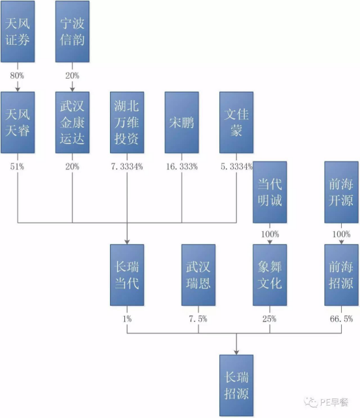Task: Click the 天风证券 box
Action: point(18,31)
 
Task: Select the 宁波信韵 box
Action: point(72,31)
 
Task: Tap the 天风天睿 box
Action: point(18,122)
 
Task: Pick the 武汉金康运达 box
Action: point(72,122)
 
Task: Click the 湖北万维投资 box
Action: point(127,122)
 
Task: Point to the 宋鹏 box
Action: point(182,122)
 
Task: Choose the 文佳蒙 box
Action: point(236,122)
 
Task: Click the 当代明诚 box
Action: point(270,192)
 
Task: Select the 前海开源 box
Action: point(341,192)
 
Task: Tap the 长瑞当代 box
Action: point(127,275)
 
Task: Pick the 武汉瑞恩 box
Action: point(199,275)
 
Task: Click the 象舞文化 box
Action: point(270,275)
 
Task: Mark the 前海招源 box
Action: point(341,275)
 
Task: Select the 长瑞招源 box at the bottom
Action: point(236,385)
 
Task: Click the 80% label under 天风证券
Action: point(17,76)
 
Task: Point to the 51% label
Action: point(17,167)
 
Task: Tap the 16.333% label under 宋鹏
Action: point(182,167)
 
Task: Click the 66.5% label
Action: point(341,319)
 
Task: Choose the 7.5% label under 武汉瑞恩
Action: point(199,319)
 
